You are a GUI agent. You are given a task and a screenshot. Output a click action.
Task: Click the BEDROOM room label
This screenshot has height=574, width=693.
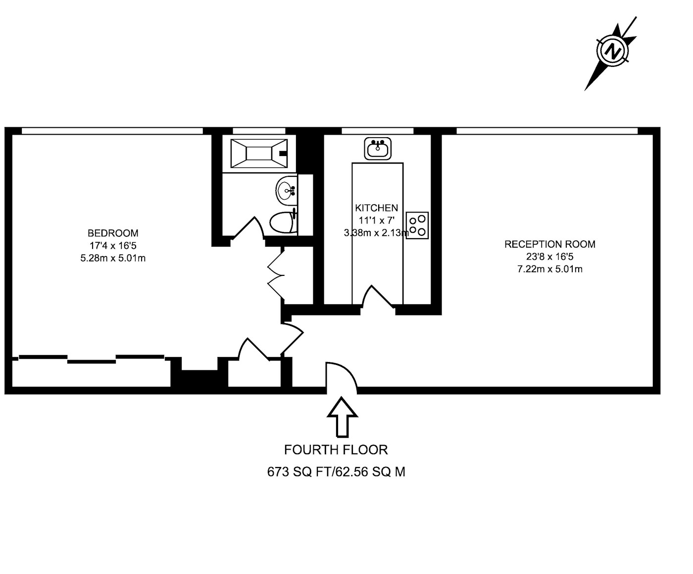click(x=113, y=233)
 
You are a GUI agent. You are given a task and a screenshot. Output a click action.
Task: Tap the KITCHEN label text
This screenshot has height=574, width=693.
click(x=376, y=208)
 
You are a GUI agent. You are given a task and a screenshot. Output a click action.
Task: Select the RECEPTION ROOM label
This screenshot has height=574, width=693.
click(x=549, y=244)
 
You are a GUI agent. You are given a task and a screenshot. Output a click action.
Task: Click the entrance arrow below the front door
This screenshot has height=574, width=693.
click(x=342, y=417)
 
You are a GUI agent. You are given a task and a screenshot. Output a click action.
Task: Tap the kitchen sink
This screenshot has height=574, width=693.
click(x=378, y=149)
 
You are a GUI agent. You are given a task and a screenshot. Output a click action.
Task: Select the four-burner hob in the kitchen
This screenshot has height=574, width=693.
click(x=417, y=225)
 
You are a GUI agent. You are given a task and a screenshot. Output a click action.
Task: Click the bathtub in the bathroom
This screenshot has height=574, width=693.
click(x=259, y=154)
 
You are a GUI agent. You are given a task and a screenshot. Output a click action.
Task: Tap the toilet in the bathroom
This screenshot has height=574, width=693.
click(x=283, y=222)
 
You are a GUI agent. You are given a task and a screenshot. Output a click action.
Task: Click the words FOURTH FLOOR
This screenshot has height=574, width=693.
click(x=336, y=450)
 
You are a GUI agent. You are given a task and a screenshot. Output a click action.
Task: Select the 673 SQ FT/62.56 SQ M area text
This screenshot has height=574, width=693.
click(x=336, y=471)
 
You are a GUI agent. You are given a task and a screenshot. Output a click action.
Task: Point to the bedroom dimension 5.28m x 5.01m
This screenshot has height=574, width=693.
click(x=113, y=258)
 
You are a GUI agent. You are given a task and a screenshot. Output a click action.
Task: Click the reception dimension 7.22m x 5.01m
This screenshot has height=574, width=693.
click(x=549, y=269)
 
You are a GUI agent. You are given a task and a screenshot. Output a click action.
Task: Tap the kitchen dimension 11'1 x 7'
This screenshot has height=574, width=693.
click(x=376, y=220)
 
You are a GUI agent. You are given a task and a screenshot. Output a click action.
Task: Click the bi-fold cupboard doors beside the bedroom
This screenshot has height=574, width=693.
click(x=276, y=275)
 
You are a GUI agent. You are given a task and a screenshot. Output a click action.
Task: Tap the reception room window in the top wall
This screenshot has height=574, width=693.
click(x=547, y=131)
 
